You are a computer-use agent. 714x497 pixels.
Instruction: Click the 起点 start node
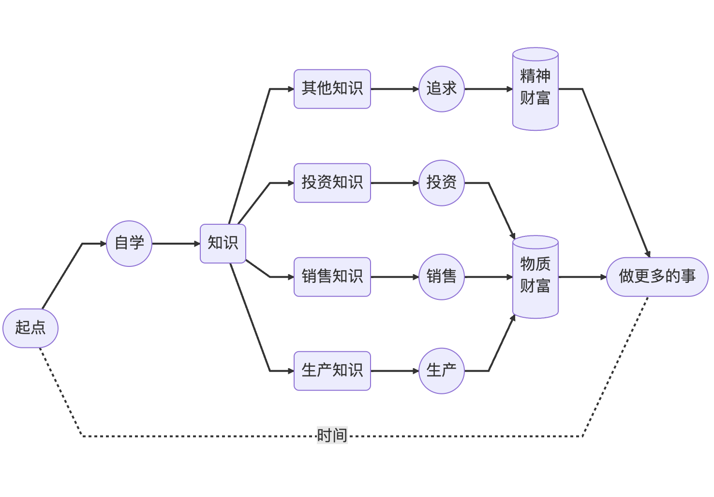click(30, 328)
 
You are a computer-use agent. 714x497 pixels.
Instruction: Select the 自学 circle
click(129, 244)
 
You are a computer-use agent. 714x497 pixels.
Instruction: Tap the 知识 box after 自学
click(223, 244)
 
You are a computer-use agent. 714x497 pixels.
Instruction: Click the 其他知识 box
click(332, 89)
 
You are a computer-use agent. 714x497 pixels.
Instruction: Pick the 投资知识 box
click(332, 183)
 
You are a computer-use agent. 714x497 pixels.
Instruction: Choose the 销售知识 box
click(332, 277)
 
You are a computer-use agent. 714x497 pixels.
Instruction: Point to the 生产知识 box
click(332, 371)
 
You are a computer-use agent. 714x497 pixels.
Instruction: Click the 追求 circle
click(442, 89)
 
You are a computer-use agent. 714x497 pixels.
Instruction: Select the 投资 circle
click(442, 183)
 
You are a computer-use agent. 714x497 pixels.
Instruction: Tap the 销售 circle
click(442, 277)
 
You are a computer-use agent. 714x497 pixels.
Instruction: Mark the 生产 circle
click(442, 371)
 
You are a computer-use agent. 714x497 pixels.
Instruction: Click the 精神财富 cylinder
click(535, 89)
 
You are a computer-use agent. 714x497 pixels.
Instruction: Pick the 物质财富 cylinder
click(535, 277)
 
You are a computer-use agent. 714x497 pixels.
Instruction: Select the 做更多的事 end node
click(657, 277)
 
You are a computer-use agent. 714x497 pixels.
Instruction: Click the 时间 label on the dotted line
click(332, 435)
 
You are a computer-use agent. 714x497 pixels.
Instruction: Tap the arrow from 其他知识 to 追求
click(395, 89)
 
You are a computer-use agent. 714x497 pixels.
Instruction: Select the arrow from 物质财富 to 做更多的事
click(582, 277)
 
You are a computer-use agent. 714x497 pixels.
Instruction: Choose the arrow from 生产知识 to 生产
click(395, 371)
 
